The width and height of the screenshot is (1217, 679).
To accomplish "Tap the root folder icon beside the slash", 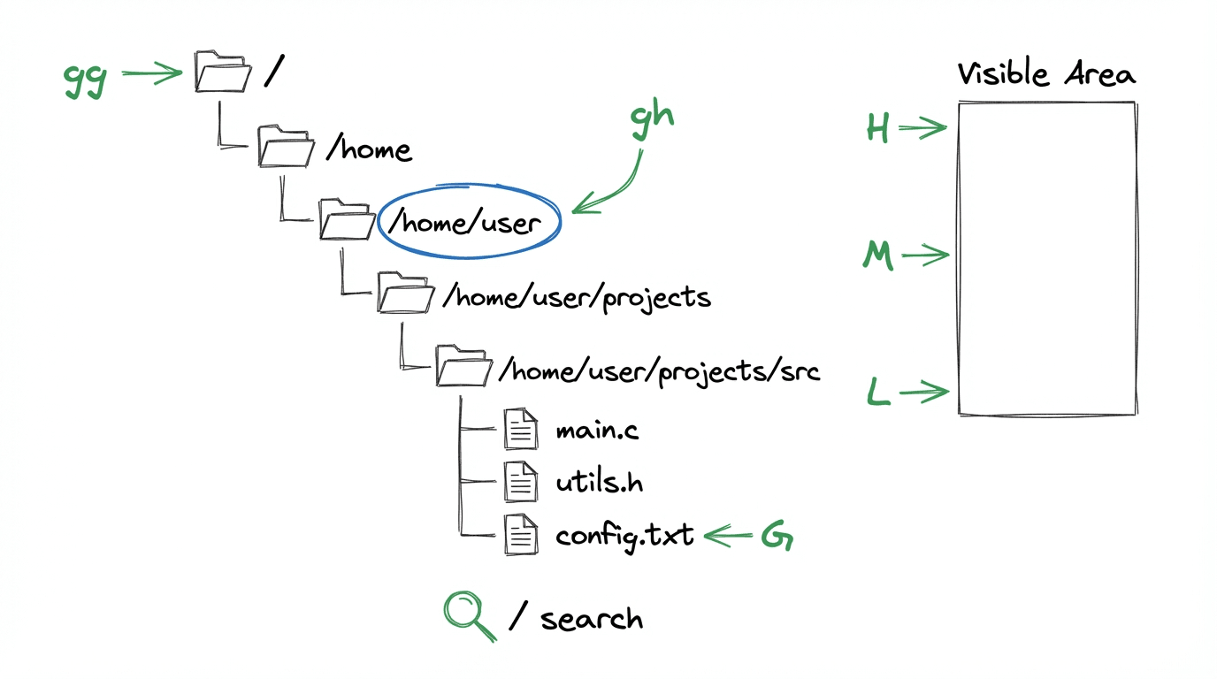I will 223,72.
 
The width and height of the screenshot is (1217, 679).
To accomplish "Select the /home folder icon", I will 286,146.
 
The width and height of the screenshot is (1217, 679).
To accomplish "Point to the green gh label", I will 652,119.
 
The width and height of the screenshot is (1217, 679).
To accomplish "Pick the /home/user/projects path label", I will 577,297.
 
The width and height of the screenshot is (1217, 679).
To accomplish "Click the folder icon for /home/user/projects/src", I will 463,365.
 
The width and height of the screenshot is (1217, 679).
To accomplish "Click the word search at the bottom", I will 592,618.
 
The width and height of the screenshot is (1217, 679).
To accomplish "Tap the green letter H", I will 877,129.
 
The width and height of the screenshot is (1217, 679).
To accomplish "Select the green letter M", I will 878,256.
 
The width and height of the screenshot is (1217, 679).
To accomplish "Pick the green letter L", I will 877,392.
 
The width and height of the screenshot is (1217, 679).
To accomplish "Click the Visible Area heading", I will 1046,75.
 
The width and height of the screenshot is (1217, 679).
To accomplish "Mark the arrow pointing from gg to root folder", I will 150,74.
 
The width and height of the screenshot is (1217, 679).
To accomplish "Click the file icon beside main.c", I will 521,430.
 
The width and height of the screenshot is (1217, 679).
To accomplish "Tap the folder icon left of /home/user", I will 347,218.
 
